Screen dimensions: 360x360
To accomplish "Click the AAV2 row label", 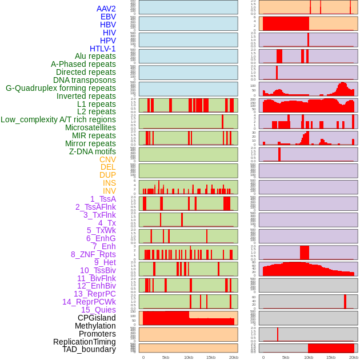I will tap(106, 9).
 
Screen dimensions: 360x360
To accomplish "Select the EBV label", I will tap(108, 17).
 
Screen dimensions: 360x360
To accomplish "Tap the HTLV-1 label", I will tap(102, 49).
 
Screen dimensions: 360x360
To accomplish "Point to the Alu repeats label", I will tap(95, 56).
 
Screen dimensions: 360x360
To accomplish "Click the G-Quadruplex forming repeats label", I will tap(61, 88).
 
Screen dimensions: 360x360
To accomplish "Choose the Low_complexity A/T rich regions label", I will tap(58, 119).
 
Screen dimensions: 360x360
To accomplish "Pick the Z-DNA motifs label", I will tap(92, 151).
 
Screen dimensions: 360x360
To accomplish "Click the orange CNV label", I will tap(107, 159).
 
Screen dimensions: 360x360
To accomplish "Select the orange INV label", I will tap(109, 191).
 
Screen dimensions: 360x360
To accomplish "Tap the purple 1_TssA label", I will tap(103, 199).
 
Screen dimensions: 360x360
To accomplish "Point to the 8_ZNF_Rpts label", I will tap(93, 254).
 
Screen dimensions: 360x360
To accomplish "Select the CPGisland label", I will tap(97, 318).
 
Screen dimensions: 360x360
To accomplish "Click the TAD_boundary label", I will tap(89, 349).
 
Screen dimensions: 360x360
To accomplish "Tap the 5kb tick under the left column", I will tap(166, 357).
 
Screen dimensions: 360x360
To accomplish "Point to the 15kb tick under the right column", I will tap(331, 357).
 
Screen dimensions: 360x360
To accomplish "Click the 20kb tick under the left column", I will tap(233, 357).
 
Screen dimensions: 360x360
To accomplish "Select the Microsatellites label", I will tap(90, 127).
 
